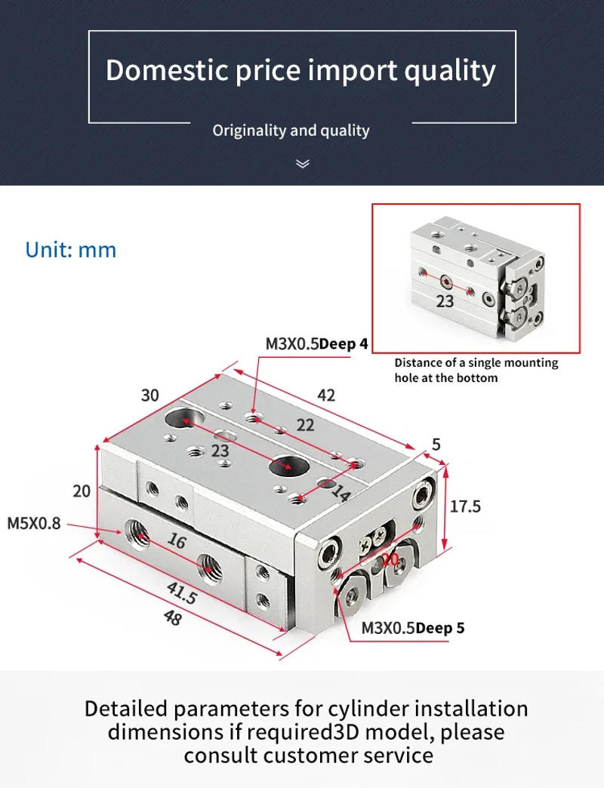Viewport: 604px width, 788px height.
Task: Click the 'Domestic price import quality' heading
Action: pos(300,70)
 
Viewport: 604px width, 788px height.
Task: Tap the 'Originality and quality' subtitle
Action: pos(291,131)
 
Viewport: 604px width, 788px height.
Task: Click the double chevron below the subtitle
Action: pos(302,163)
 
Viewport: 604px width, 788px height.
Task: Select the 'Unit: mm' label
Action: pos(71,250)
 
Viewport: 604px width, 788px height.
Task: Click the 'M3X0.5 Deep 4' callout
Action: pos(316,344)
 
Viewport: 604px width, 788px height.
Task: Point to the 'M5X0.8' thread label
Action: pos(34,522)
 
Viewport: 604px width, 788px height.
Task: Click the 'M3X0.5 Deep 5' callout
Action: pos(412,628)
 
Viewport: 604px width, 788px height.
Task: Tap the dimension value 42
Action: pos(326,396)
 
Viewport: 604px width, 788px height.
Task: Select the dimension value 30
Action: pos(149,396)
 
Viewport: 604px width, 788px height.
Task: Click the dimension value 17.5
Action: pos(465,506)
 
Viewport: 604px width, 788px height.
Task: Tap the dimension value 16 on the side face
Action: pos(176,541)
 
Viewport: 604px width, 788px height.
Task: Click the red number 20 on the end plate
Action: pos(390,559)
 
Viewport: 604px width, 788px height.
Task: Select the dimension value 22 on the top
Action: pos(305,426)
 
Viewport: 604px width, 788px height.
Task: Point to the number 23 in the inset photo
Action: pos(445,301)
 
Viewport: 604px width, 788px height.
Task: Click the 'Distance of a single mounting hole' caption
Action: pos(476,370)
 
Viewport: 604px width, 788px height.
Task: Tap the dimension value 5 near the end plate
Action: pos(436,445)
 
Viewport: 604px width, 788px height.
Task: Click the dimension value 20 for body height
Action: pos(82,491)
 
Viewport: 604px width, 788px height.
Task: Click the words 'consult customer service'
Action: pos(308,755)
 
